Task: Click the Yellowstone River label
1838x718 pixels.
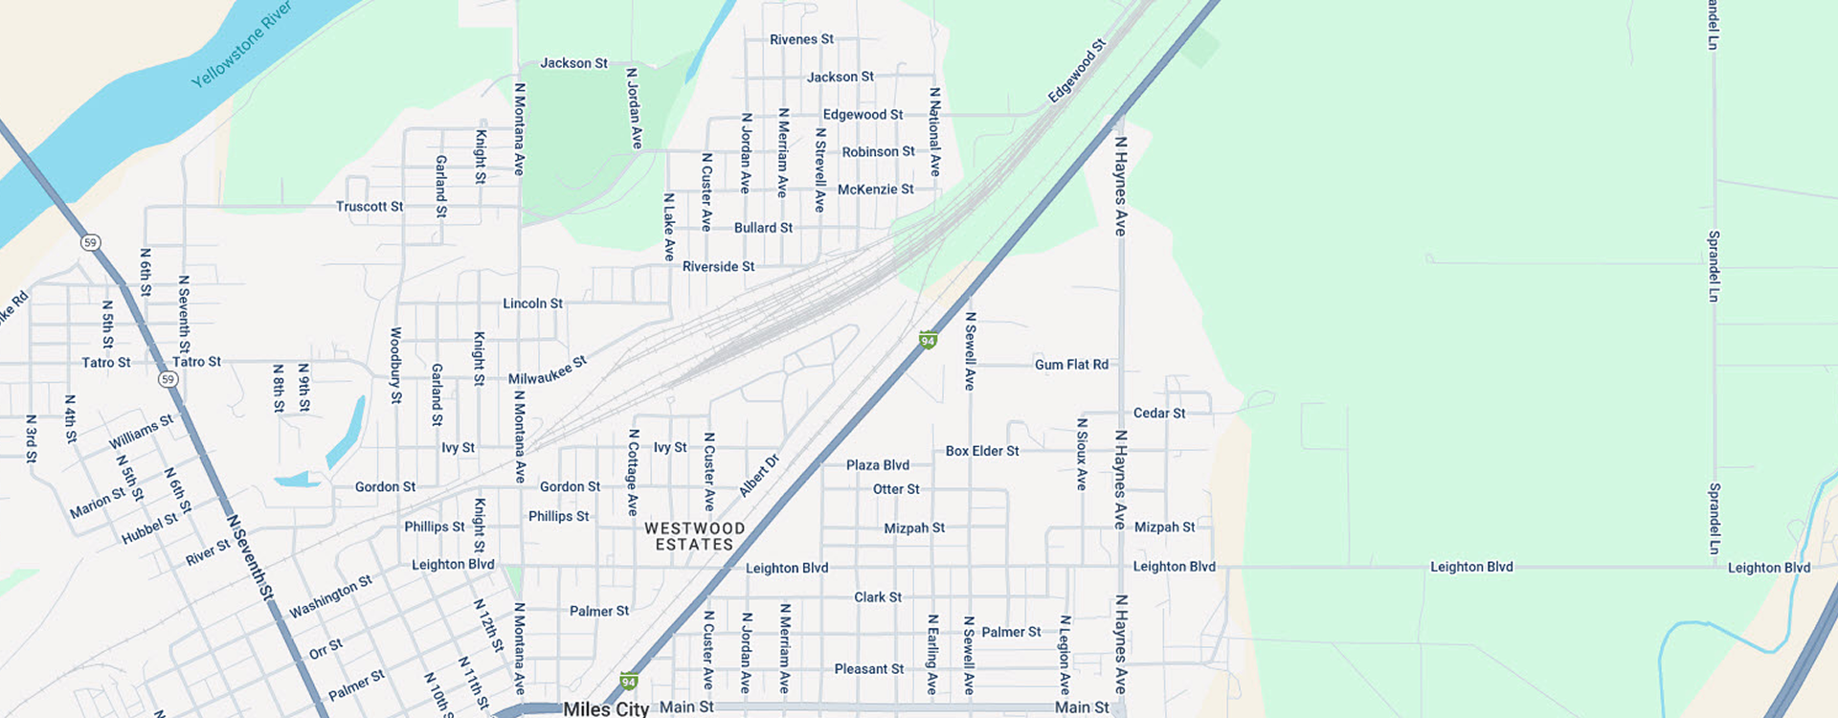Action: tap(241, 44)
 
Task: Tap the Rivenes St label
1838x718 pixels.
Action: tap(801, 39)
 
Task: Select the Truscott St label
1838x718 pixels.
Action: tap(369, 207)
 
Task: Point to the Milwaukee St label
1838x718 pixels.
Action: tap(547, 370)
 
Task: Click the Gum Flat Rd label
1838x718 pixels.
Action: tap(1071, 365)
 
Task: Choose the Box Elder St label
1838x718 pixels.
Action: tap(982, 451)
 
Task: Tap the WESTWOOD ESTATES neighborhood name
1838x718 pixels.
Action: tap(694, 536)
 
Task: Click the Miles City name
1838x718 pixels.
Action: tap(606, 708)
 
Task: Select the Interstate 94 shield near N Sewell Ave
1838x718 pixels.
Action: tap(928, 340)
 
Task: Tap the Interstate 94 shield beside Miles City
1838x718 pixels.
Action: tap(629, 683)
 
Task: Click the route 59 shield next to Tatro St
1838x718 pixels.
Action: tap(168, 379)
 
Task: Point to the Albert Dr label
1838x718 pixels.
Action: tap(759, 476)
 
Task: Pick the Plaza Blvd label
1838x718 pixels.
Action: tap(878, 465)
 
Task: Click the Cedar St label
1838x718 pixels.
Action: tap(1159, 414)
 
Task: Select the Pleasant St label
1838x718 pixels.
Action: tap(868, 669)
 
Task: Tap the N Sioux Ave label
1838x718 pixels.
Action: tap(1082, 454)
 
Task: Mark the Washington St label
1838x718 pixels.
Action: tap(330, 596)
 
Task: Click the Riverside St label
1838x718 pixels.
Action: tap(718, 267)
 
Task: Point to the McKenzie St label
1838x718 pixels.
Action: tap(875, 190)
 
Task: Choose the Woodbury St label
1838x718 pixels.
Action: tap(395, 365)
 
